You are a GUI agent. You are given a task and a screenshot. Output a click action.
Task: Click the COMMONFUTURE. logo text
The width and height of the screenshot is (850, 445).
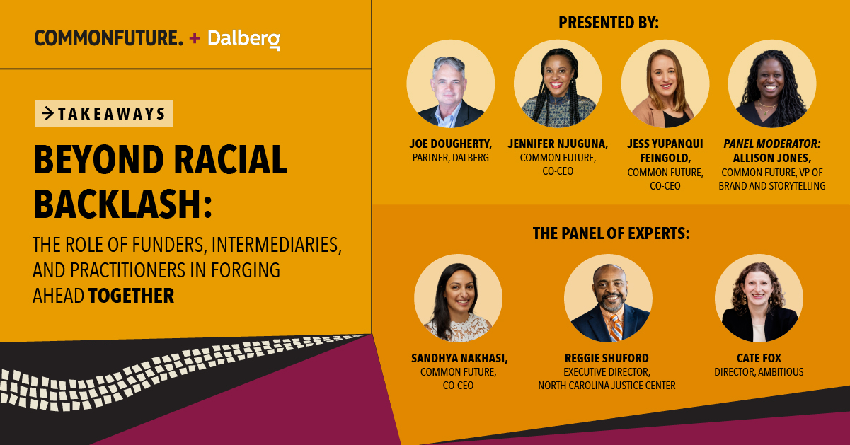click(108, 38)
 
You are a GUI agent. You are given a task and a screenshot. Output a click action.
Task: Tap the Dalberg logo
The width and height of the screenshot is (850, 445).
click(243, 39)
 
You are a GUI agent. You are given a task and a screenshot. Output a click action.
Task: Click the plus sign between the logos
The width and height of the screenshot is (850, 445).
click(195, 39)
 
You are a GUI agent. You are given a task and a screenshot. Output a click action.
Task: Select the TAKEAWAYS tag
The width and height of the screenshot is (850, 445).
click(104, 113)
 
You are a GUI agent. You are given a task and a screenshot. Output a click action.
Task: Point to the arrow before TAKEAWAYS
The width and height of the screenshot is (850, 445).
click(48, 113)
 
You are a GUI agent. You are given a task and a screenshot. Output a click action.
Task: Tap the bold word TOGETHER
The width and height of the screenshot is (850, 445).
click(131, 295)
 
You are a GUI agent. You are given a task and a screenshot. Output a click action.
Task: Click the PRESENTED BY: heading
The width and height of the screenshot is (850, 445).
click(609, 23)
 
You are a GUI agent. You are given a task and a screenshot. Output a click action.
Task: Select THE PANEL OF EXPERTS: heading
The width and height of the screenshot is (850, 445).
click(611, 232)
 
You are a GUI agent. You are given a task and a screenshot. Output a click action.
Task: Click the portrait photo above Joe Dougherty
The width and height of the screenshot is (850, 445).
click(450, 83)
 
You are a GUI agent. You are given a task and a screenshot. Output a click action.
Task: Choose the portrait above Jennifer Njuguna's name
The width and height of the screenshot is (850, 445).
click(558, 83)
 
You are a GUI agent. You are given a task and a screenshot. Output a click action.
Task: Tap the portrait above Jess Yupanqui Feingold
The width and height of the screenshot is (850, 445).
click(665, 83)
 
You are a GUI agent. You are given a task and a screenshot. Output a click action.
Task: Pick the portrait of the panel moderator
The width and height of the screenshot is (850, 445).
click(771, 83)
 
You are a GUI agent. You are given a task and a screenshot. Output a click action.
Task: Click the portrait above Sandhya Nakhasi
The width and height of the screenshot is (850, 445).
click(458, 298)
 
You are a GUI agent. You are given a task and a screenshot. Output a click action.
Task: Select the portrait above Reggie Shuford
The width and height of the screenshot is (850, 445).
click(608, 298)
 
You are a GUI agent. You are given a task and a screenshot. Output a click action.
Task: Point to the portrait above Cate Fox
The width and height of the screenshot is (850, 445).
click(758, 298)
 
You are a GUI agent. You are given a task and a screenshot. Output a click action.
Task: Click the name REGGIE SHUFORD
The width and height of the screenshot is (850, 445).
click(607, 358)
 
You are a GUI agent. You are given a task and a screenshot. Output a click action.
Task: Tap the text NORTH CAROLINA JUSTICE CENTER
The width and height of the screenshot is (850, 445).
click(607, 386)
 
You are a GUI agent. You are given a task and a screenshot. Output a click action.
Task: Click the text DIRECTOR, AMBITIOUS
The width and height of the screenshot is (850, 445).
click(759, 372)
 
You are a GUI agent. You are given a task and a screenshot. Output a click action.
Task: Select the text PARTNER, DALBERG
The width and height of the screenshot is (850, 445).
click(450, 158)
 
